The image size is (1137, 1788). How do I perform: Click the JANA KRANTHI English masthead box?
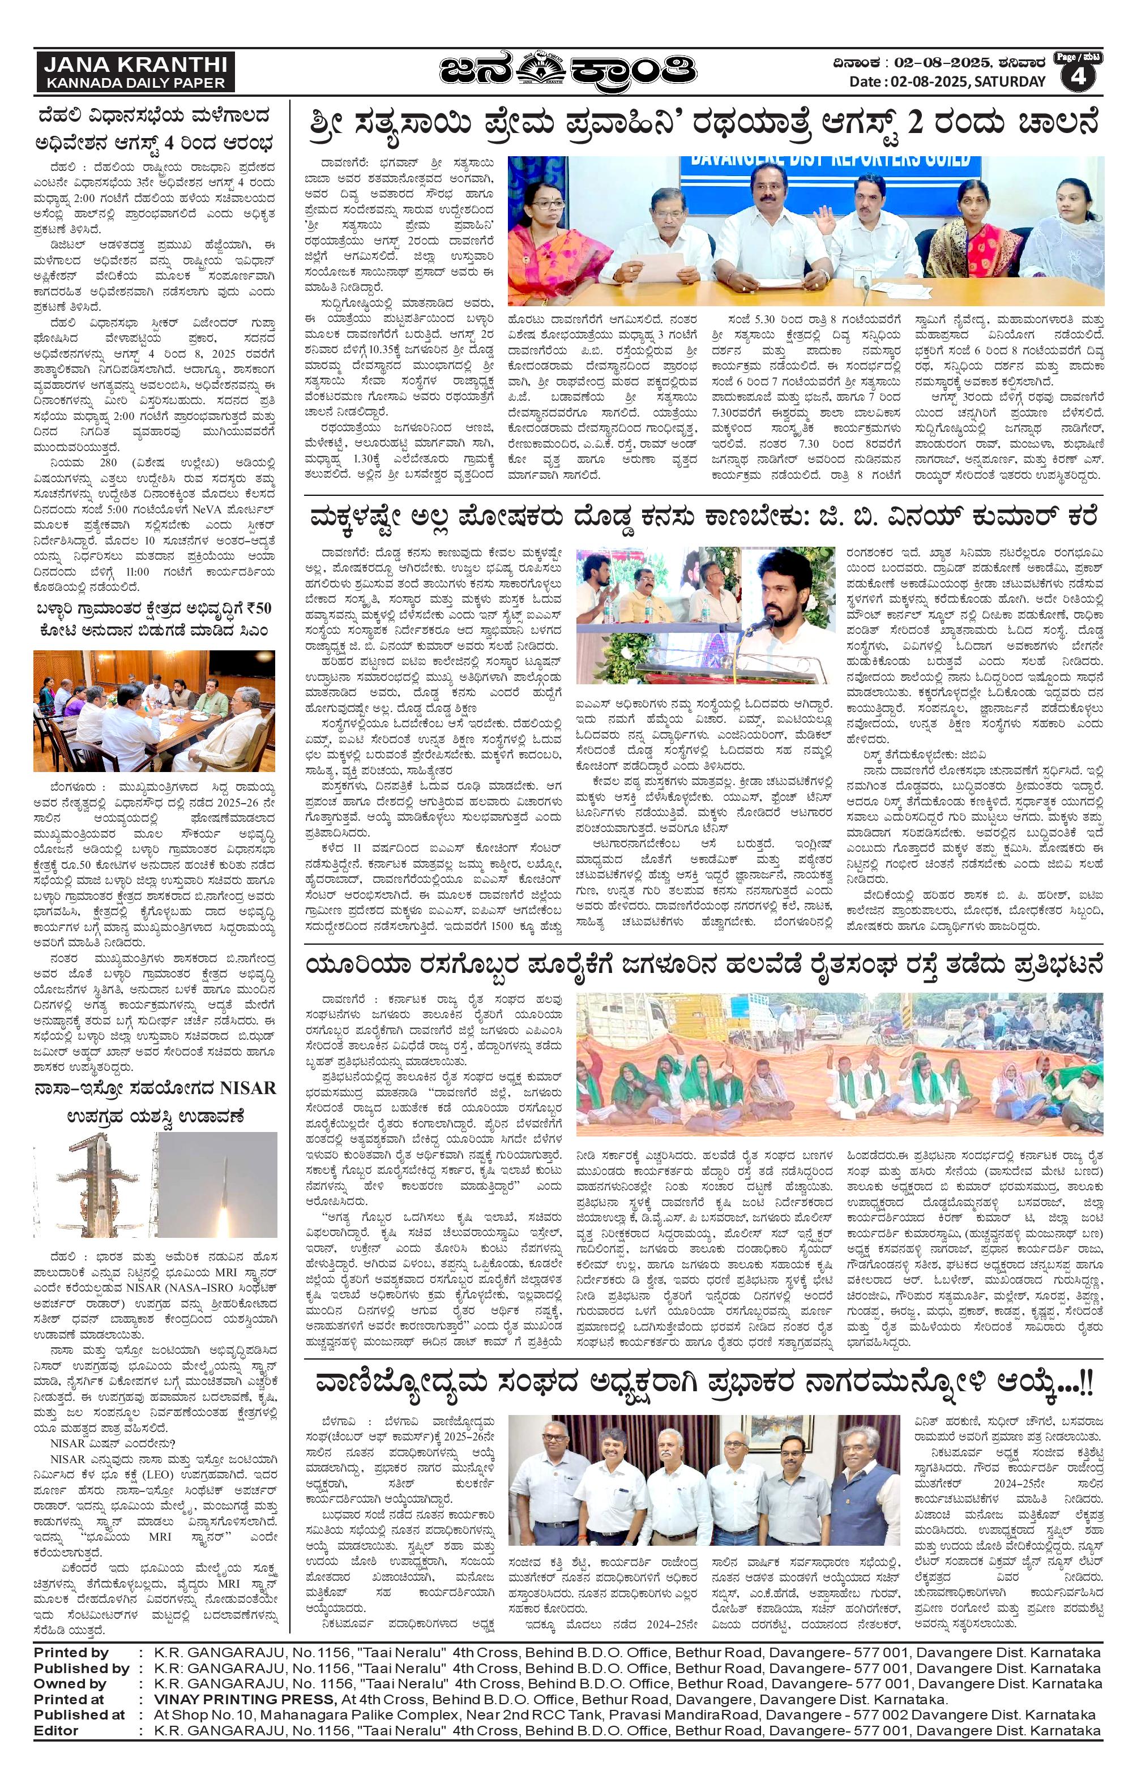pos(134,72)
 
